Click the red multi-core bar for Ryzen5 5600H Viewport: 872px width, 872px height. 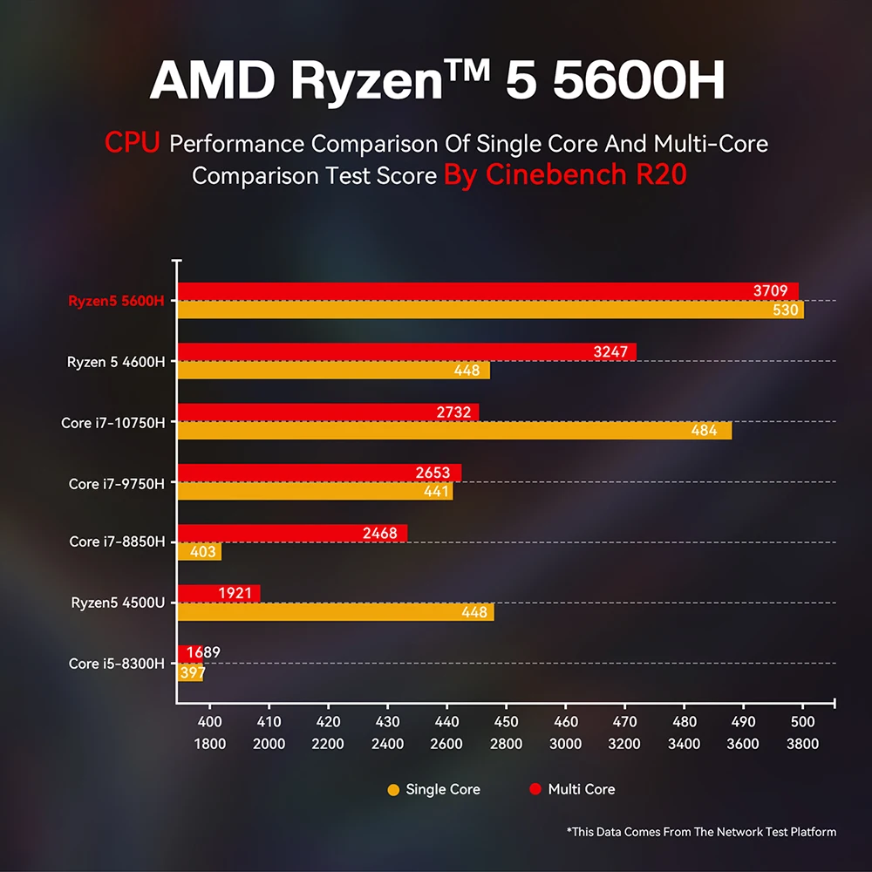tap(488, 291)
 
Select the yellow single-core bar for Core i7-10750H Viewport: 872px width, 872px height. tap(453, 430)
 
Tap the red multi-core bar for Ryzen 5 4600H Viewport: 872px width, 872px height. tap(406, 351)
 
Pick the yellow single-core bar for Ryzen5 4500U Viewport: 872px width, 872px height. tap(336, 612)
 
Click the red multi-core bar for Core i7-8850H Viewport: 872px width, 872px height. tap(292, 533)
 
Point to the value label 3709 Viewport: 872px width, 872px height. tap(771, 291)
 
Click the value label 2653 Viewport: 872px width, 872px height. tap(433, 473)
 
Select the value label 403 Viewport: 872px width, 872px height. tap(199, 551)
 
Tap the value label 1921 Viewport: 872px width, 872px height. tap(235, 594)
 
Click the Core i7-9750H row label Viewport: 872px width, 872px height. tap(116, 483)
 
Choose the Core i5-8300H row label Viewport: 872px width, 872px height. tap(116, 664)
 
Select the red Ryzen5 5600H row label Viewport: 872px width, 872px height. tap(116, 302)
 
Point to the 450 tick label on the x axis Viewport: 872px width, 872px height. tap(506, 722)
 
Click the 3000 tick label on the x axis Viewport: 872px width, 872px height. tap(565, 744)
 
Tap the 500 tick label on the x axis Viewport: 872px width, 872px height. tap(802, 722)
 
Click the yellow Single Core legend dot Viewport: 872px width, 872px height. tap(393, 790)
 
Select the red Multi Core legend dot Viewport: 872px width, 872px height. tap(535, 790)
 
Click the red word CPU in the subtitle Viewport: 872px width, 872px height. tap(133, 143)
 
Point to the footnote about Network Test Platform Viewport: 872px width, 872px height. tap(701, 832)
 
